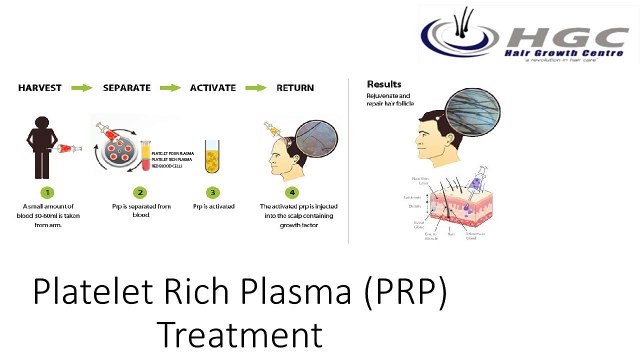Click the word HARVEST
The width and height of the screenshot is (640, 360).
tap(41, 88)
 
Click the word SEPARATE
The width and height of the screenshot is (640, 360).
tap(127, 88)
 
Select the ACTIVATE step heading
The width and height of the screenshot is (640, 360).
tap(212, 88)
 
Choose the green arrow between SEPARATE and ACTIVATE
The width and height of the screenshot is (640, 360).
tap(170, 88)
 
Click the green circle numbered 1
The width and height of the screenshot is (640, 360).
tap(42, 191)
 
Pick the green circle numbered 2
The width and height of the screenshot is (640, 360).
tap(140, 191)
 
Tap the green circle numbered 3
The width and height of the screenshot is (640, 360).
tap(212, 191)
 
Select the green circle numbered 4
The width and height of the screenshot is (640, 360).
tap(292, 191)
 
